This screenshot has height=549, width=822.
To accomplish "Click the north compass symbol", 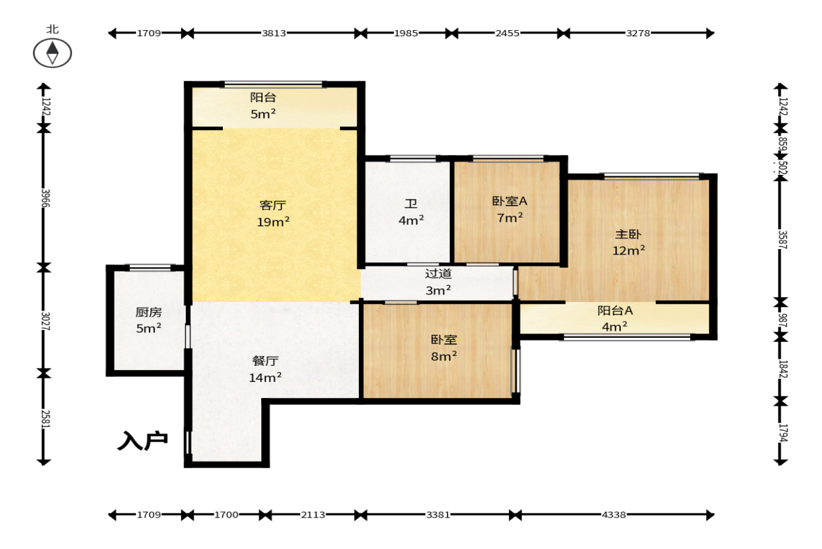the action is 52,53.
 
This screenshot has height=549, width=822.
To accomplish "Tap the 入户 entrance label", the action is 142,441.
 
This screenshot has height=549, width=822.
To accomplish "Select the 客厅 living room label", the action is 272,205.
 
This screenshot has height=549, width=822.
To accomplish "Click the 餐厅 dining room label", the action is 265,361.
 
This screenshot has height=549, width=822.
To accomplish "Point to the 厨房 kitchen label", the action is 148,313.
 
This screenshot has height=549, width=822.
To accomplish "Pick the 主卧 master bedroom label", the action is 628,234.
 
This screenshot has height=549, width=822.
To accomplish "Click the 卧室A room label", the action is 510,201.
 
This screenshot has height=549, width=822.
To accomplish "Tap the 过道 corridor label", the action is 439,273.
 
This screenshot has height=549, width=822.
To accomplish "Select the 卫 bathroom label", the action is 411,204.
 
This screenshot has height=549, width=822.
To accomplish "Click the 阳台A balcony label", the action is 615,311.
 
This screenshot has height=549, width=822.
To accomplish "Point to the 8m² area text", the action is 444,357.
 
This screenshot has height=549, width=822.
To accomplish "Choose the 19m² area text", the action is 273,222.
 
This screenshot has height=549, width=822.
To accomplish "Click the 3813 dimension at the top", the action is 274,33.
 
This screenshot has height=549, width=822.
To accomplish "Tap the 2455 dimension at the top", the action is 508,33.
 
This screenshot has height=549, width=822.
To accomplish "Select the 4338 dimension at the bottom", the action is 614,515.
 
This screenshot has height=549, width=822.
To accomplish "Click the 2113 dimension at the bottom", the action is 313,515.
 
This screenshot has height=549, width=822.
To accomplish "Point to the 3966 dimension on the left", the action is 45,199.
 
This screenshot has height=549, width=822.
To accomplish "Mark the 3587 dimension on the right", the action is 782,240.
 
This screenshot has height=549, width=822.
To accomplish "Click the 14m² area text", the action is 265,378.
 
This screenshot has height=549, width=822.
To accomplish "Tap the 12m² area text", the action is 629,251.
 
